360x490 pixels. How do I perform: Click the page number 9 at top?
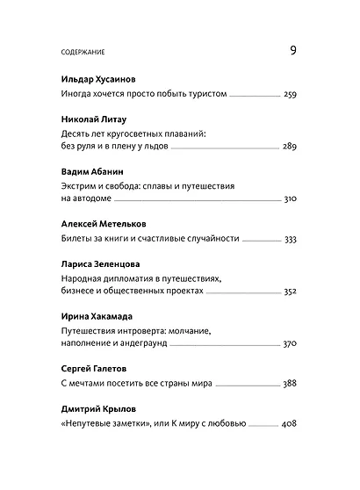292,50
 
